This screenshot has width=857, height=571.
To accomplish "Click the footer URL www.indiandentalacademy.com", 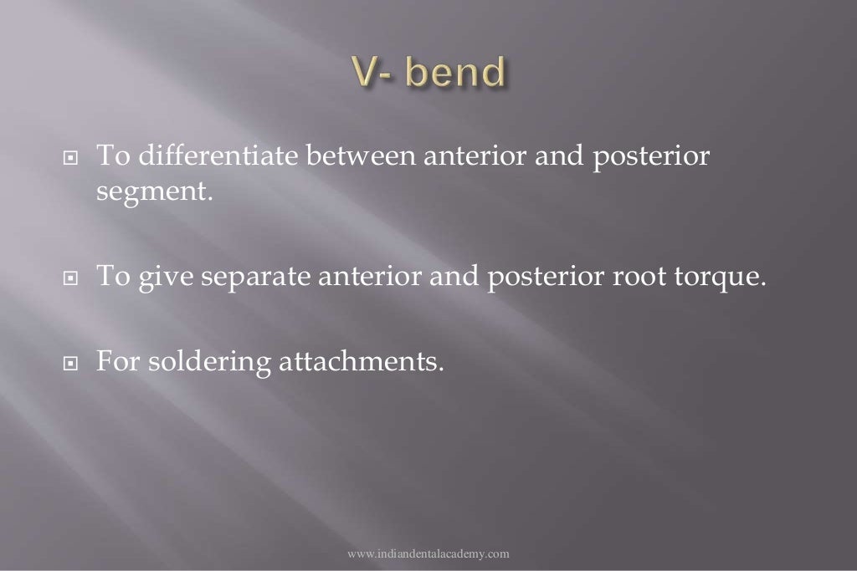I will pos(428,553).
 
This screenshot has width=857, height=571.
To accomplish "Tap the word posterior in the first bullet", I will pos(650,156).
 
